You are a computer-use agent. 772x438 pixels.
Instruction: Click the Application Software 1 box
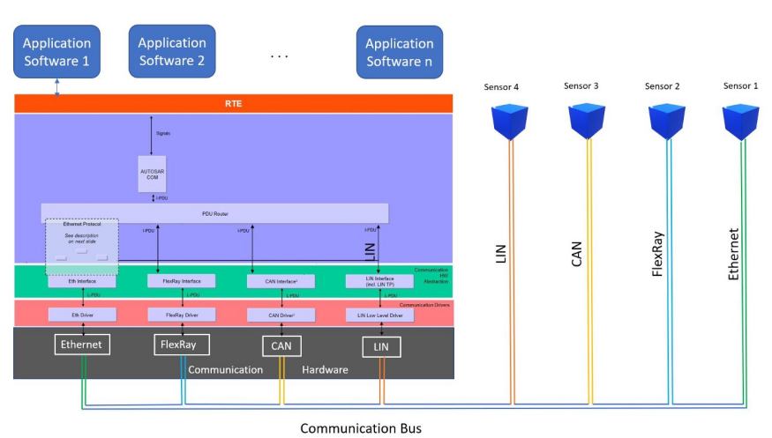(x=56, y=52)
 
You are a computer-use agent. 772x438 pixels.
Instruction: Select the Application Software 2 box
(x=172, y=51)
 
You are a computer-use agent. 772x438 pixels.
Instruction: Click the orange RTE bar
(x=234, y=103)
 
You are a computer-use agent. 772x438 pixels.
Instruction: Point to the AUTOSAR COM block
(x=152, y=173)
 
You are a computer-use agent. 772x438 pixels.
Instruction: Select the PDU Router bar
(x=214, y=212)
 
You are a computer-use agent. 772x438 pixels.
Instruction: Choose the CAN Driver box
(x=281, y=314)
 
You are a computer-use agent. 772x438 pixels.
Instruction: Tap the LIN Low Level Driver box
(x=380, y=314)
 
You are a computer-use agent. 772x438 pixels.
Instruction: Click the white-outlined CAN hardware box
(x=281, y=345)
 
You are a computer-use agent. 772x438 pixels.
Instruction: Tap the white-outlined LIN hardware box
(x=381, y=347)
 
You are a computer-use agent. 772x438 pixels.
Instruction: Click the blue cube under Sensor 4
(x=510, y=122)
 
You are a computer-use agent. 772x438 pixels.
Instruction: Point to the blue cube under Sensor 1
(x=741, y=121)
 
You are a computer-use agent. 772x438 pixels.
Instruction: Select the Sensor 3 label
(x=581, y=85)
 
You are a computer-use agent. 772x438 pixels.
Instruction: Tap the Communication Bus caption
(x=361, y=428)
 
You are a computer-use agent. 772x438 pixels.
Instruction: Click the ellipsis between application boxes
(x=279, y=56)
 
